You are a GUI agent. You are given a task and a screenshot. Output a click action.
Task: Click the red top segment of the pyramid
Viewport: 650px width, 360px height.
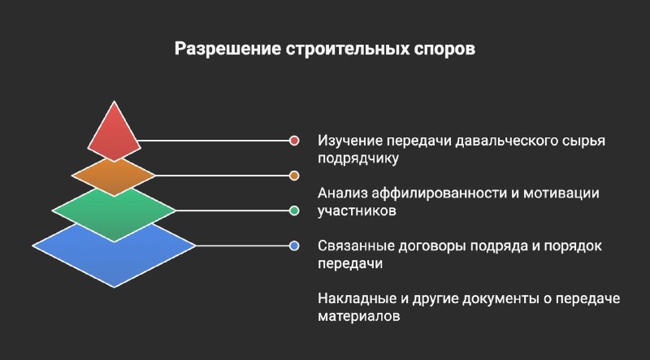114,132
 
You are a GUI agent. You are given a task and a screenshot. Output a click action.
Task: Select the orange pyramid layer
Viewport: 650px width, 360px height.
114,176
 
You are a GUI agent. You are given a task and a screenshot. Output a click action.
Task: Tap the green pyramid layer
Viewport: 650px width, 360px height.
114,212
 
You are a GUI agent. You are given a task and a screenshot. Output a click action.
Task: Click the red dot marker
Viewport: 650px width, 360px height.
294,141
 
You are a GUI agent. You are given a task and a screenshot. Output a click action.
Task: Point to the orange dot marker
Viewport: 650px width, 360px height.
294,176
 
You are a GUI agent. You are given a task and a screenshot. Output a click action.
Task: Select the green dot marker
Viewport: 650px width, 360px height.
294,210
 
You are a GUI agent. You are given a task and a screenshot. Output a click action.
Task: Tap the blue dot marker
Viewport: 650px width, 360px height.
294,246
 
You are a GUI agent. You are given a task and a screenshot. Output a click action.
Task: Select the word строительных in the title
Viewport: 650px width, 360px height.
348,49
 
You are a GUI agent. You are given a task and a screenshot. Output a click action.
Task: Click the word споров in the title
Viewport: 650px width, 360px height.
444,49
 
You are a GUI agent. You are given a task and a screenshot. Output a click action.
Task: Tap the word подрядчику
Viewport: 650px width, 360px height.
358,158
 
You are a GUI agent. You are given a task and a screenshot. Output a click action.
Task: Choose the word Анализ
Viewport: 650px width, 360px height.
341,193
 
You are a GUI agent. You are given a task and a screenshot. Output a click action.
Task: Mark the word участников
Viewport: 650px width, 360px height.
357,211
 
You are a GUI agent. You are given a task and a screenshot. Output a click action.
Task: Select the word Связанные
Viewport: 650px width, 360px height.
356,246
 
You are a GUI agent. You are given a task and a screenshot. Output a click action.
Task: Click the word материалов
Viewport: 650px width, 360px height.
359,316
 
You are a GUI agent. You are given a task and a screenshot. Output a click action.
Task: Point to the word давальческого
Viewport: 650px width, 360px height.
505,141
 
